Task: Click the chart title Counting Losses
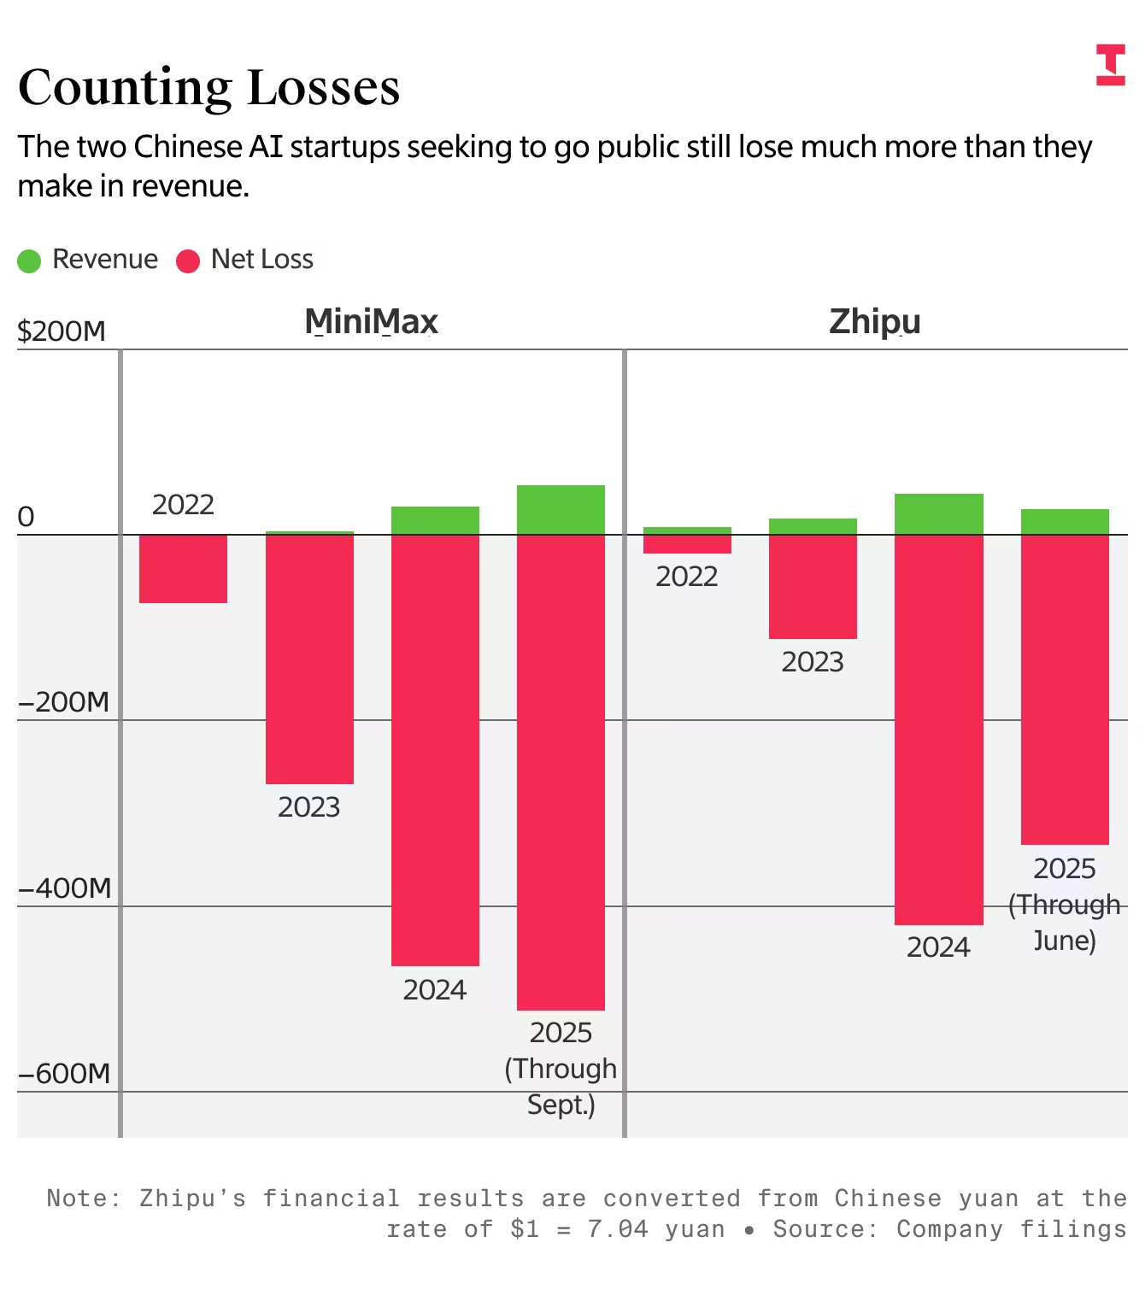pos(208,87)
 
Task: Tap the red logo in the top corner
pos(1110,65)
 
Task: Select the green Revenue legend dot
pos(29,261)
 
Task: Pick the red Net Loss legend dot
pos(188,261)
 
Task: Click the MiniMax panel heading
pos(371,322)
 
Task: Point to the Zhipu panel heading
pos(874,322)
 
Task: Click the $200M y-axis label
pos(62,331)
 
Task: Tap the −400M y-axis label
pos(65,888)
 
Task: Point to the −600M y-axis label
pos(65,1074)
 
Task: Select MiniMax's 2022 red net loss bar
pos(183,569)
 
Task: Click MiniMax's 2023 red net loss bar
pos(309,659)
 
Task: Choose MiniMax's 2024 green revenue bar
pos(435,520)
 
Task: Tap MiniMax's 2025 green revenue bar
pos(561,510)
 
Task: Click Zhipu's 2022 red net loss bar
pos(687,544)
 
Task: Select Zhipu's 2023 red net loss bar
pos(813,587)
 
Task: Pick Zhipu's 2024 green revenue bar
pos(938,514)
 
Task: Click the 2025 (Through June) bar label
pos(1064,905)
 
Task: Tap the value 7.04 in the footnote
pos(617,1229)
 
